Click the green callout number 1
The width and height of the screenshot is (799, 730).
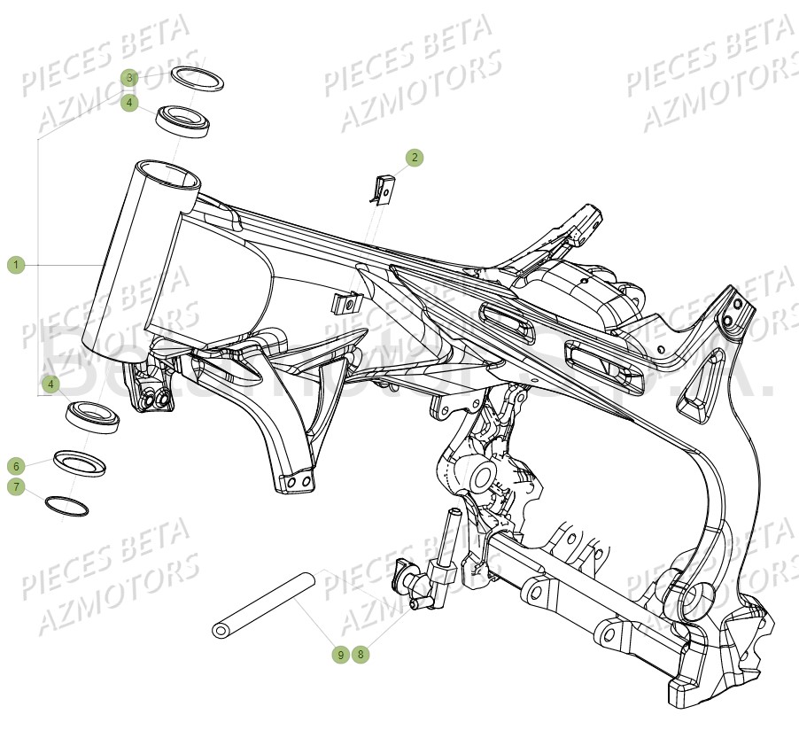tap(15, 265)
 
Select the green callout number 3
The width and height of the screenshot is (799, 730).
tap(129, 78)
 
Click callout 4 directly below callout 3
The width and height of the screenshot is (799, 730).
tap(129, 103)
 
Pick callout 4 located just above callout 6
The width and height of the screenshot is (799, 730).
tap(51, 384)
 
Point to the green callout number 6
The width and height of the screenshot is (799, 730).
tap(15, 465)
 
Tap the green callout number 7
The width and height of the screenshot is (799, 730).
tap(15, 486)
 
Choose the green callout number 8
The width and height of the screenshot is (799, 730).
tap(359, 655)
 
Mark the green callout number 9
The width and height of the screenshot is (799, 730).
tap(340, 655)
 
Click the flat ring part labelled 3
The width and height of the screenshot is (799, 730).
tap(197, 78)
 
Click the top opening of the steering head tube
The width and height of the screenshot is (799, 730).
tap(168, 175)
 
